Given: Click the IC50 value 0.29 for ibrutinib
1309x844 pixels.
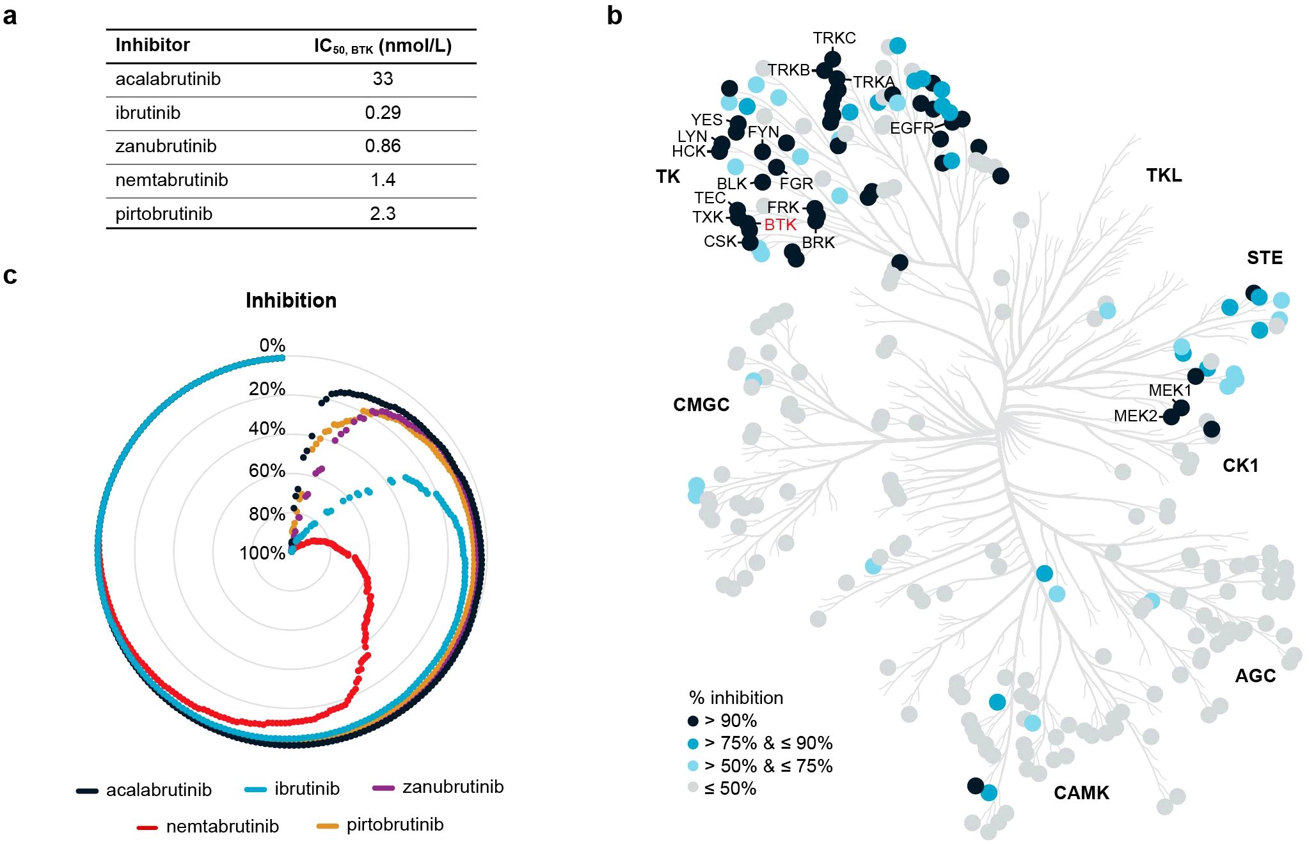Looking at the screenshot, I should point(383,113).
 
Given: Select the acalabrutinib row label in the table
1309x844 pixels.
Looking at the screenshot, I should point(168,79).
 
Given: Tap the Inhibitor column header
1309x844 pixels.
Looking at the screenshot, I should point(152,45).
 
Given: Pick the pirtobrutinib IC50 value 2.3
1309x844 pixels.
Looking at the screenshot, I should point(383,214).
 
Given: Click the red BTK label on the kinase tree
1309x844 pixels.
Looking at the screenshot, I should point(780,224).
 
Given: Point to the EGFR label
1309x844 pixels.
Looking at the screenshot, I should point(912,128).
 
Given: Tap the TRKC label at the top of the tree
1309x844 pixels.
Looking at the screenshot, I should point(834,38).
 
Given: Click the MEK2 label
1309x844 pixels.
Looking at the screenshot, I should point(1135,416).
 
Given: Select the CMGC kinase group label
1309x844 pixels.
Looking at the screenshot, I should point(701,405).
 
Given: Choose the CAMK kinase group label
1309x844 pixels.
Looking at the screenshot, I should point(1081,793).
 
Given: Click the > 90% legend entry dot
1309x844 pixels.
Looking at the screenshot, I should point(693,721).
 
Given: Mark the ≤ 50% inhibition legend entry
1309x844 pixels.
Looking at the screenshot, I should point(729,788).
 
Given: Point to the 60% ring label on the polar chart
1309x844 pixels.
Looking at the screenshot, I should point(267,471).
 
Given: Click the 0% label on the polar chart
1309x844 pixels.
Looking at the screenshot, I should point(272,345).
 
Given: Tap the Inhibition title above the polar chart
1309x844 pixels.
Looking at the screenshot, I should point(291,301).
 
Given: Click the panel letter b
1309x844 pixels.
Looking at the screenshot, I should point(614,16).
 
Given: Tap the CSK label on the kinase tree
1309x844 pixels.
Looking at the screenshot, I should point(720,241).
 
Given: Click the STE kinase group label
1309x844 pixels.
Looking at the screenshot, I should point(1264,258).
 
